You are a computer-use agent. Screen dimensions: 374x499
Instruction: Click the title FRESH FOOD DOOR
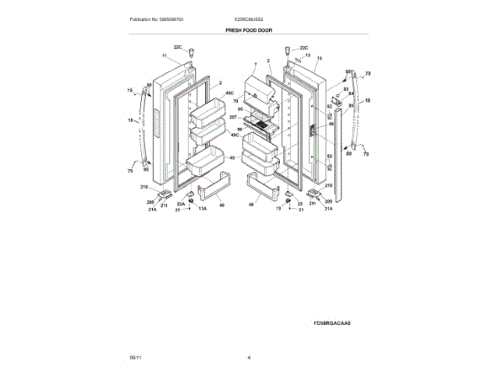pos(249,30)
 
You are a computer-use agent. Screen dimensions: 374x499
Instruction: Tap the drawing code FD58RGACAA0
pos(333,323)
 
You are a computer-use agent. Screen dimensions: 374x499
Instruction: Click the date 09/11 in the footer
pos(135,357)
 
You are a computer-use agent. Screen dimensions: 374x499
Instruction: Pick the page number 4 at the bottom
pos(249,357)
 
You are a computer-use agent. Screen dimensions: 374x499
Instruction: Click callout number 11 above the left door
pos(165,56)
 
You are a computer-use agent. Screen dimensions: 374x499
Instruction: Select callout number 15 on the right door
pos(318,57)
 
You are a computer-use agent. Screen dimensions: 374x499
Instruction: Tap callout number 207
pos(233,116)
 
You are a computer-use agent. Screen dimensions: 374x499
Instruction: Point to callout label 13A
pos(202,209)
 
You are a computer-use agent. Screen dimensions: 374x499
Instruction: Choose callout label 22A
pos(181,204)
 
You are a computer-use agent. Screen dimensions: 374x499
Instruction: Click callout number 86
pos(330,124)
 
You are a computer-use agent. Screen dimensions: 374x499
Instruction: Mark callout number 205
pos(150,203)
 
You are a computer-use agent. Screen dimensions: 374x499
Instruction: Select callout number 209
pos(327,202)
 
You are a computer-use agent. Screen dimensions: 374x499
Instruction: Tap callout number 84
pos(352,94)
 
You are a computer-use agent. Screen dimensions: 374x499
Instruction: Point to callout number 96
pos(240,129)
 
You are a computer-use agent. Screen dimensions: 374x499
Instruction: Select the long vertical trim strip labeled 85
pos(338,148)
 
